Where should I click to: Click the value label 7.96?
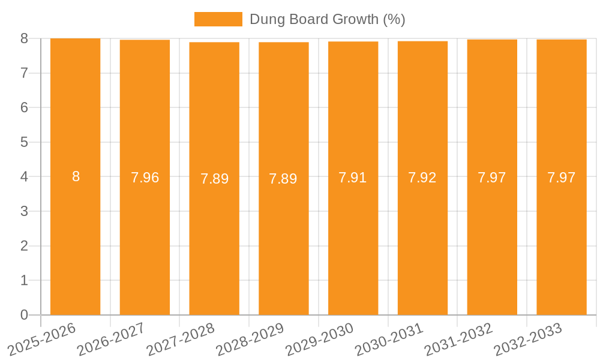tap(145, 178)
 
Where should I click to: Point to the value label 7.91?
tap(353, 178)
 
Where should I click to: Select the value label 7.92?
tap(422, 178)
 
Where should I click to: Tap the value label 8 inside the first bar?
tap(76, 176)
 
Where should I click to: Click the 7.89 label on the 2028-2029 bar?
tap(283, 179)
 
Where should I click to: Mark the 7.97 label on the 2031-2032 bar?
tap(492, 178)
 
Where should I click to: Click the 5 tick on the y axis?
tap(24, 142)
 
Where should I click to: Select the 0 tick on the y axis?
tap(24, 315)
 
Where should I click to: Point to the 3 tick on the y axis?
tap(24, 211)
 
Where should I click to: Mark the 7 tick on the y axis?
tap(24, 73)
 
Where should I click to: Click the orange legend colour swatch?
tap(218, 19)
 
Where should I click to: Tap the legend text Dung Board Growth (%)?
tap(327, 19)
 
